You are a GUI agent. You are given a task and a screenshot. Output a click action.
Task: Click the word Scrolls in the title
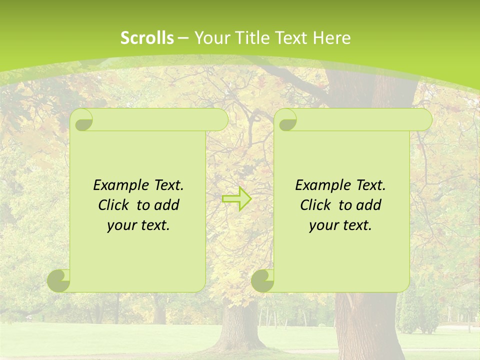(147, 38)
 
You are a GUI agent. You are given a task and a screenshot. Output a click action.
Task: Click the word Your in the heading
(210, 38)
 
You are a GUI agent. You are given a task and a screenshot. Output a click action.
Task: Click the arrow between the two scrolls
(236, 199)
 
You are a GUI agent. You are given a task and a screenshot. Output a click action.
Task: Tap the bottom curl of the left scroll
(59, 280)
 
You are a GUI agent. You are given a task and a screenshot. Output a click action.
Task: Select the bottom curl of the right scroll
(263, 280)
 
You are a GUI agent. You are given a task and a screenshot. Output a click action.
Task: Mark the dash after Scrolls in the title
(183, 38)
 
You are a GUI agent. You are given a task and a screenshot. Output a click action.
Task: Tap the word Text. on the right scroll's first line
(370, 185)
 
